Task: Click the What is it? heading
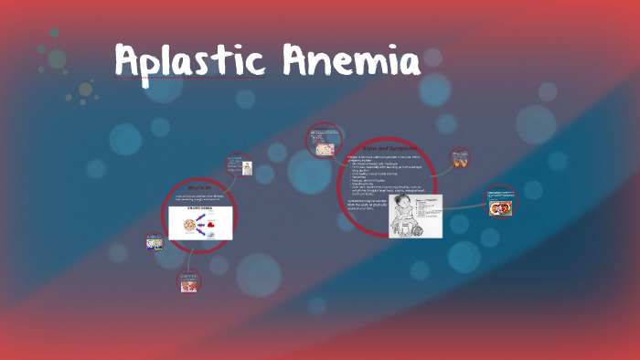(x=199, y=187)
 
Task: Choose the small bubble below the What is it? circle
(x=188, y=281)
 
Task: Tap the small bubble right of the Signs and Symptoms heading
(x=460, y=158)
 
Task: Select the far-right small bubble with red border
(x=500, y=202)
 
